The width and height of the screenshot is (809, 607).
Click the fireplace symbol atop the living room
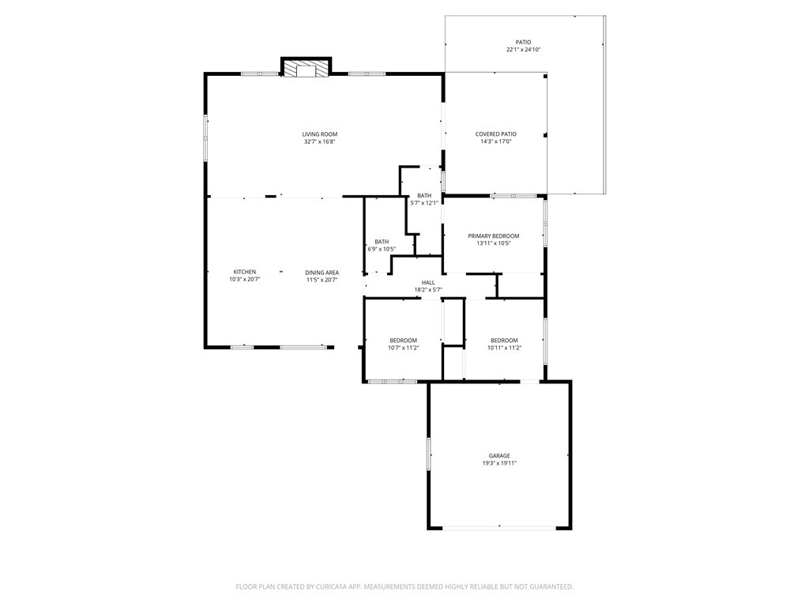[x=307, y=70]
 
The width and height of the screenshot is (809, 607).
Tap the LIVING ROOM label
[x=319, y=134]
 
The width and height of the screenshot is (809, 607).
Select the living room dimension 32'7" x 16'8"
[x=319, y=142]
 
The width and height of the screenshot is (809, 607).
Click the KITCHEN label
[x=244, y=272]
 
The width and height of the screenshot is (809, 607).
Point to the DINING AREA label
[x=322, y=273]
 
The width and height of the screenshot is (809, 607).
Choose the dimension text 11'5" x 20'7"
[x=322, y=280]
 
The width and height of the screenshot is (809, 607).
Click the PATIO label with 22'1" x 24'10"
[x=523, y=43]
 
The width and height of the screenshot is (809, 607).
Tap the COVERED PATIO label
[x=495, y=134]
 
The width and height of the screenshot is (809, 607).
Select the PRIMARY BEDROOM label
[x=493, y=236]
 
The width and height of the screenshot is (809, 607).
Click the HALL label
[x=427, y=282]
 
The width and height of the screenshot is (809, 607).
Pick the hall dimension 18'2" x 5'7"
[x=427, y=290]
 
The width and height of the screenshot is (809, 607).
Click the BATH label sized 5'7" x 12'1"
[x=424, y=195]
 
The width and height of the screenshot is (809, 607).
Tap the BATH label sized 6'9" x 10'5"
[x=382, y=242]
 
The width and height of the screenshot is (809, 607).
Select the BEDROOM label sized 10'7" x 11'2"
[x=403, y=341]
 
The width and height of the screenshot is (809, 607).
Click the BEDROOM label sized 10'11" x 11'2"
[x=504, y=341]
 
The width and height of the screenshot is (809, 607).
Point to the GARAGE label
[x=499, y=456]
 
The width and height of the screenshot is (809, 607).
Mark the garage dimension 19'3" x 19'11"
[x=499, y=463]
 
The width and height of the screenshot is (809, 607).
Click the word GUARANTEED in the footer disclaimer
[x=547, y=586]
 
